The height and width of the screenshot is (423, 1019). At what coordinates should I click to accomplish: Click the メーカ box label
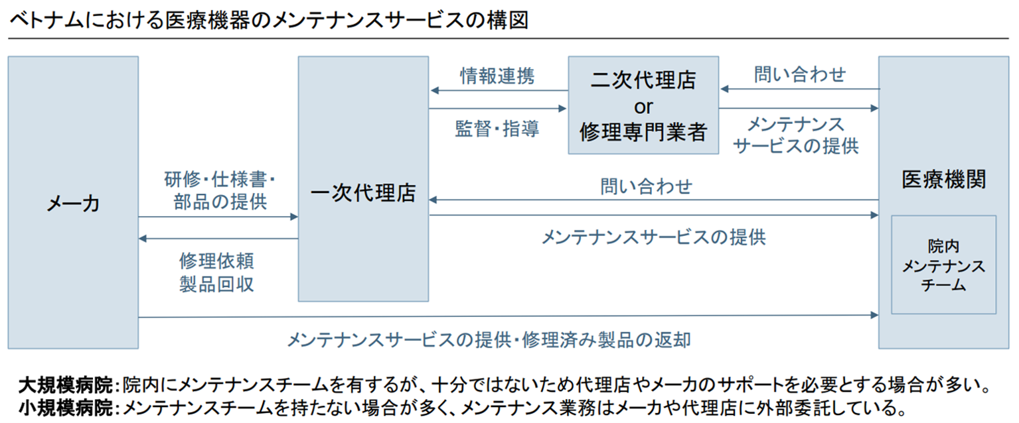pyautogui.click(x=73, y=204)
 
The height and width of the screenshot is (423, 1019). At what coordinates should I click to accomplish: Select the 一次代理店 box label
pyautogui.click(x=363, y=193)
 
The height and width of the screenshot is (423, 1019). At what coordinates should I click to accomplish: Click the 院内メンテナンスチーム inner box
pyautogui.click(x=943, y=265)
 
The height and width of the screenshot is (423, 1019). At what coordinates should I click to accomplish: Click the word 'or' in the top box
pyautogui.click(x=643, y=107)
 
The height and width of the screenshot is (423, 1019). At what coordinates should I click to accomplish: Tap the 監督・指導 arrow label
pyautogui.click(x=497, y=129)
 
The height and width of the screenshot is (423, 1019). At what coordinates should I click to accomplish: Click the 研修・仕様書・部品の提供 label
pyautogui.click(x=220, y=190)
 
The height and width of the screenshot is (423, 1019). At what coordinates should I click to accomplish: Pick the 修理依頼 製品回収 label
pyautogui.click(x=217, y=272)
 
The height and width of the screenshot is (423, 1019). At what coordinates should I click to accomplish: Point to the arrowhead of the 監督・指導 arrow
pyautogui.click(x=564, y=108)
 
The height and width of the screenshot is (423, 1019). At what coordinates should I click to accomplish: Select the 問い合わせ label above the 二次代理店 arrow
pyautogui.click(x=800, y=74)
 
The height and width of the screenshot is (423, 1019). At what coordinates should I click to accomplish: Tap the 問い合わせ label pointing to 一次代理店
pyautogui.click(x=646, y=186)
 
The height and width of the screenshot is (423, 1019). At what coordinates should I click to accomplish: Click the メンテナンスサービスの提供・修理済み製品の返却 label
pyautogui.click(x=489, y=340)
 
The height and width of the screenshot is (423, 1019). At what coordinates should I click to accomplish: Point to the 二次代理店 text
pyautogui.click(x=643, y=81)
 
